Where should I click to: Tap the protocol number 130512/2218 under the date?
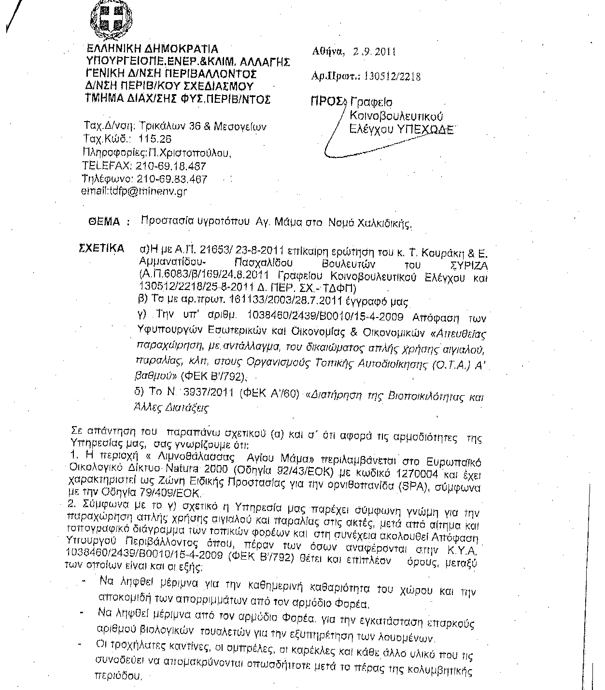pyautogui.click(x=392, y=76)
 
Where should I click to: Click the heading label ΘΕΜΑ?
pyautogui.click(x=104, y=222)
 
